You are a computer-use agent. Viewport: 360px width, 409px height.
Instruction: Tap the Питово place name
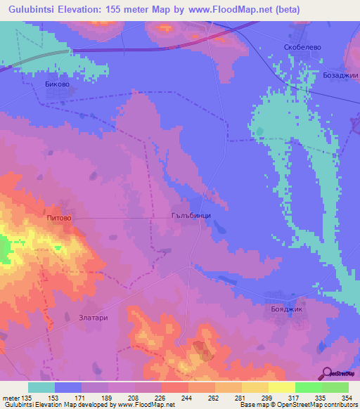(59, 219)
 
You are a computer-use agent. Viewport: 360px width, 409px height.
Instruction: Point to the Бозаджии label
(340, 75)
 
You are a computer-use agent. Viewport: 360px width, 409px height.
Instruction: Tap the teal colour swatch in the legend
(41, 387)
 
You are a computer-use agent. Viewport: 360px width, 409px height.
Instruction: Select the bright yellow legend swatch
(281, 387)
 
